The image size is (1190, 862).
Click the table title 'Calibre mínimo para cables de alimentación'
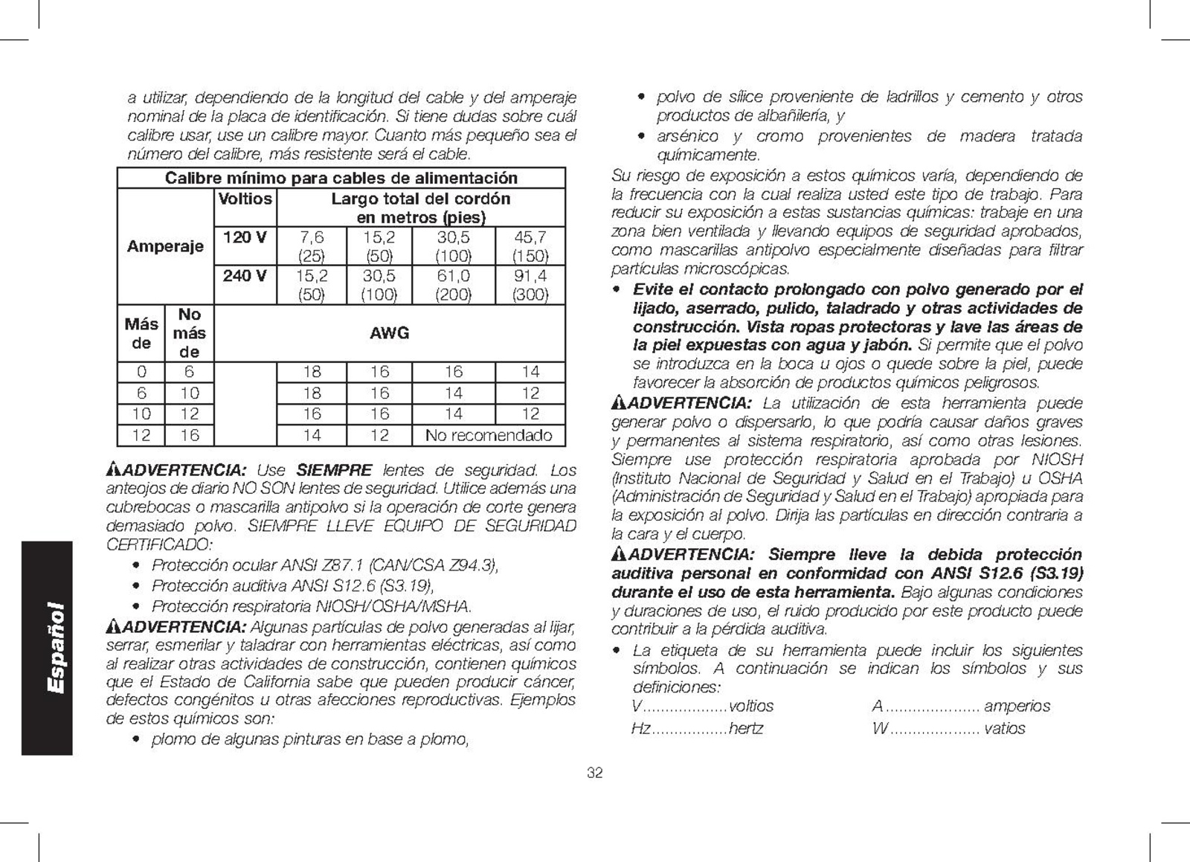pyautogui.click(x=341, y=178)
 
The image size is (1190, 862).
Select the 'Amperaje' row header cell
pyautogui.click(x=165, y=247)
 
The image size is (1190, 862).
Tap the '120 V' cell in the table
pyautogui.click(x=245, y=238)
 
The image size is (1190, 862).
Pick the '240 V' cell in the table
pyautogui.click(x=245, y=276)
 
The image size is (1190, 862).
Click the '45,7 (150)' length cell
pyautogui.click(x=530, y=246)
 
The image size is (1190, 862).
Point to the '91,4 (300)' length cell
pyautogui.click(x=530, y=285)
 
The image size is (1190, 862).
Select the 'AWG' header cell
pyautogui.click(x=389, y=333)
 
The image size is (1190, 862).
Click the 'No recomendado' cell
pyautogui.click(x=489, y=435)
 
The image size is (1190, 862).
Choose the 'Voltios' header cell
pyautogui.click(x=245, y=199)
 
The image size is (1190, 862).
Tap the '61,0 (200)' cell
pyautogui.click(x=453, y=285)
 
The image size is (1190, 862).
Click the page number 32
pyautogui.click(x=595, y=773)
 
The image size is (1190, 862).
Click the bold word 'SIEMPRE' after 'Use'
pyautogui.click(x=334, y=471)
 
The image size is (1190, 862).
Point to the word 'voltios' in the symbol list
pyautogui.click(x=750, y=707)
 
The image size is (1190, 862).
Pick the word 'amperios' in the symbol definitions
pyautogui.click(x=1017, y=707)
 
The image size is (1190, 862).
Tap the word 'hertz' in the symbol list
pyautogui.click(x=746, y=729)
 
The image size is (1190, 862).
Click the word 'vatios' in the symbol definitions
pyautogui.click(x=1004, y=729)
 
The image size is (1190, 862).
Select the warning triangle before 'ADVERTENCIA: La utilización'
pyautogui.click(x=618, y=404)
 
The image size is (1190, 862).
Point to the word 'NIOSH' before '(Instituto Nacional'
pyautogui.click(x=1056, y=460)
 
